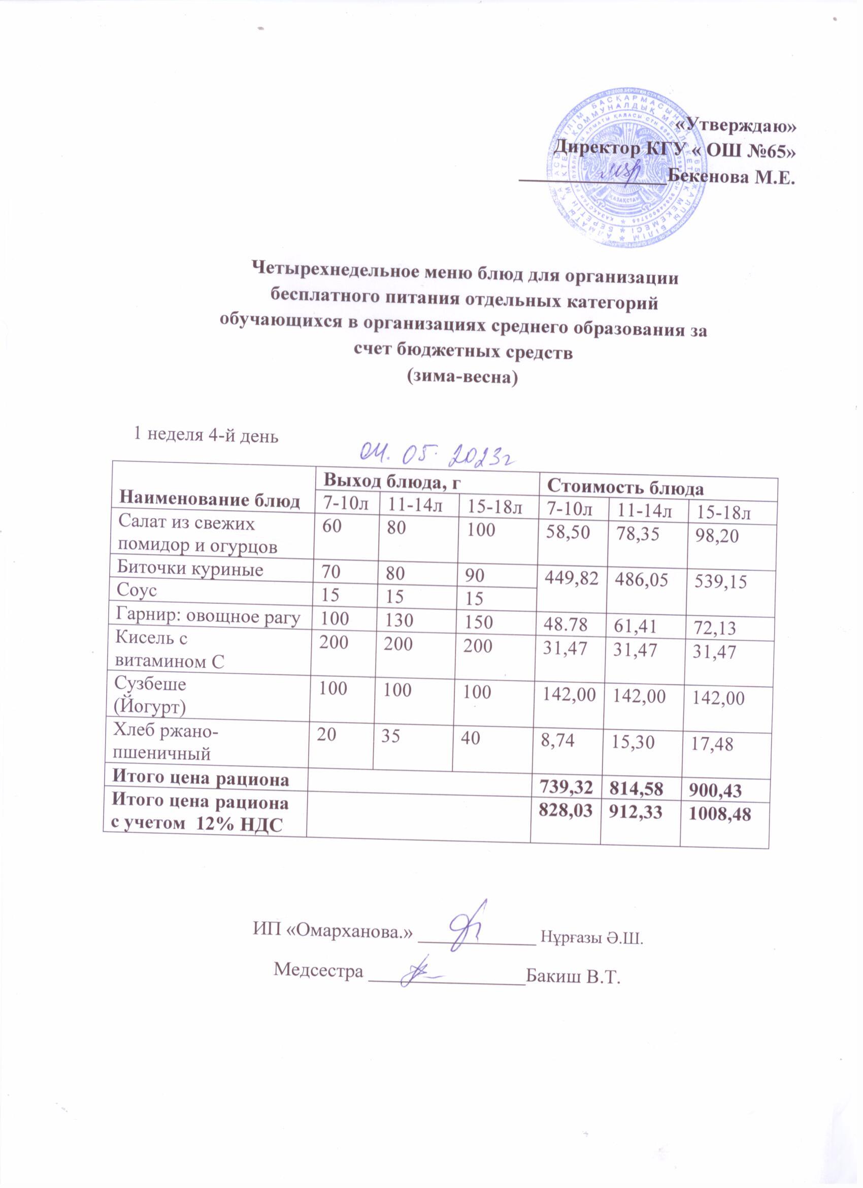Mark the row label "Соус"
(138, 590)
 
